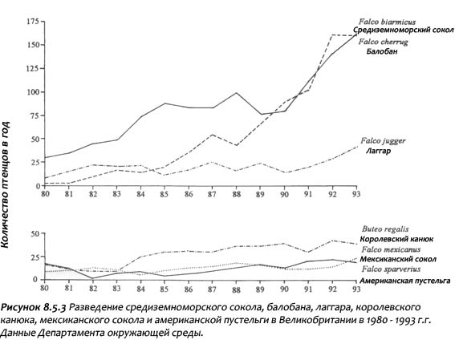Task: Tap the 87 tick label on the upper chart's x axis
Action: pos(213,194)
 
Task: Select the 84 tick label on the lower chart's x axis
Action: pos(140,289)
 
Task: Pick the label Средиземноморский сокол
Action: pos(404,30)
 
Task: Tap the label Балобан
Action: pos(382,51)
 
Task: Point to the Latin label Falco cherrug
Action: pos(383,42)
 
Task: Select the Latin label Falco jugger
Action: pos(383,141)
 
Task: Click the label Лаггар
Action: pos(378,151)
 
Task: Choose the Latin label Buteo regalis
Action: pos(385,229)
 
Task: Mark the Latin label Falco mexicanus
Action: pos(391,249)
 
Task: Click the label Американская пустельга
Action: pos(405,281)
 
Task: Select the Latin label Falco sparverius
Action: pos(391,269)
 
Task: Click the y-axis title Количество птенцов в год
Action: pos(5,184)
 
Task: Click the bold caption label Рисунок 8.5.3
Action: pos(34,308)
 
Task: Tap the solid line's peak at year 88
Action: pos(236,93)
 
